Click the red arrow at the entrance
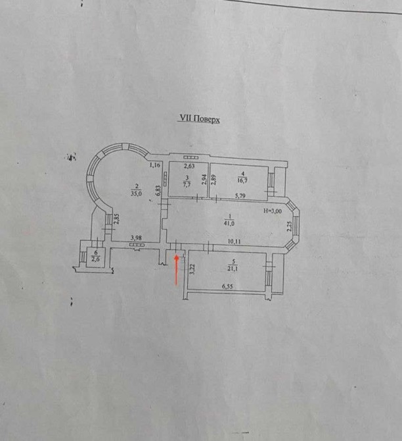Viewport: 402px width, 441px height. pyautogui.click(x=177, y=269)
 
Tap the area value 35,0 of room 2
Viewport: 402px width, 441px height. pyautogui.click(x=137, y=194)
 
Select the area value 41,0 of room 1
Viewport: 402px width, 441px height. pyautogui.click(x=229, y=224)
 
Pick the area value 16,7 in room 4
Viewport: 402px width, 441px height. pyautogui.click(x=242, y=180)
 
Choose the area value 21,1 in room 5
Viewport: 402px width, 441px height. pyautogui.click(x=233, y=269)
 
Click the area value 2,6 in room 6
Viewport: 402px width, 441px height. pyautogui.click(x=96, y=259)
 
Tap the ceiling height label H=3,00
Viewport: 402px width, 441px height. pyautogui.click(x=273, y=211)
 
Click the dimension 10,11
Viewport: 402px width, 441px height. pyautogui.click(x=234, y=241)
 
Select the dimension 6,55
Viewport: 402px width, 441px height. pyautogui.click(x=227, y=286)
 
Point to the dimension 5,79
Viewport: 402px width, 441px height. pyautogui.click(x=240, y=196)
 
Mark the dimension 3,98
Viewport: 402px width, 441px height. pyautogui.click(x=136, y=238)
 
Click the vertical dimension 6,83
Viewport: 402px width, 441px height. pyautogui.click(x=158, y=190)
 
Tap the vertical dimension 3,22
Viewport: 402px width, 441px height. pyautogui.click(x=192, y=269)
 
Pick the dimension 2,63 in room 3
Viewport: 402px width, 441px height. pyautogui.click(x=189, y=166)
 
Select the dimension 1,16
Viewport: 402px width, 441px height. pyautogui.click(x=154, y=165)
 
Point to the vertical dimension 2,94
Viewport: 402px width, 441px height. pyautogui.click(x=205, y=180)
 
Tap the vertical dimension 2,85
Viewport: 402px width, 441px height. pyautogui.click(x=118, y=219)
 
